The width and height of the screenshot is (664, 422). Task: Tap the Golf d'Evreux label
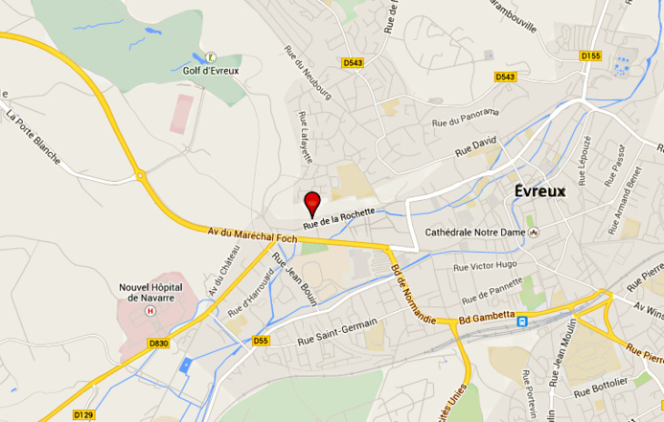[x=211, y=70]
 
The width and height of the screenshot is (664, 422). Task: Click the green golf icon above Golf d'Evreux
[x=211, y=56]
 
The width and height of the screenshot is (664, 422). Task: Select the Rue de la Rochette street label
[x=339, y=218]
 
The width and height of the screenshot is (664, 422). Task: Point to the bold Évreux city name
[x=540, y=190]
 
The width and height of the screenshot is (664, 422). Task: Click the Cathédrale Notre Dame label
[x=475, y=233]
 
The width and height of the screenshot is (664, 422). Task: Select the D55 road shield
[x=262, y=341]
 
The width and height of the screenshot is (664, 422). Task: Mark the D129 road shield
[x=84, y=415]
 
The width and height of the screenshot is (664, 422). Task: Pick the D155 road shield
[x=590, y=56]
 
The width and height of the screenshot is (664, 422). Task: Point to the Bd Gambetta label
[x=487, y=316]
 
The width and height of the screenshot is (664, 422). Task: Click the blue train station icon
[x=522, y=322]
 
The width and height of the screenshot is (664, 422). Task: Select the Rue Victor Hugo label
[x=485, y=265]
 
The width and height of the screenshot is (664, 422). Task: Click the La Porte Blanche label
[x=33, y=138]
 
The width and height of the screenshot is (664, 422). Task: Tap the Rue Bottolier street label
[x=602, y=386]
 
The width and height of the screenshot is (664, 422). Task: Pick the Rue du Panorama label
[x=466, y=117]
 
